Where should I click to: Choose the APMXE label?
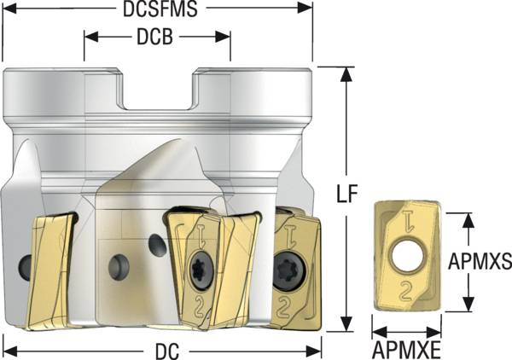406,350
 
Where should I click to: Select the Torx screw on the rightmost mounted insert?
286,274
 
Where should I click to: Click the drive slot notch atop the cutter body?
157,90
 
